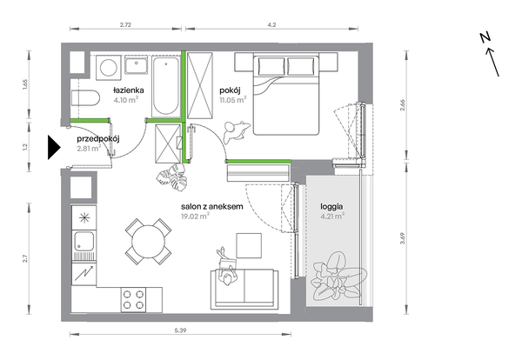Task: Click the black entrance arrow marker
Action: click(x=54, y=148)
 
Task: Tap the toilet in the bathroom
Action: click(x=85, y=97)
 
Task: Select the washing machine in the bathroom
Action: click(x=109, y=68)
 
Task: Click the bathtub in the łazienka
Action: click(x=166, y=86)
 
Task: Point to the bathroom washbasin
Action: click(x=137, y=64)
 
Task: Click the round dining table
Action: click(x=149, y=242)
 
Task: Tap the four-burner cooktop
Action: click(x=133, y=299)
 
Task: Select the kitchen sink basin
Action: click(x=84, y=241)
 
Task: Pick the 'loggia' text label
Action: click(x=331, y=207)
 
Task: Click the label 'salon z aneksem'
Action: click(x=212, y=207)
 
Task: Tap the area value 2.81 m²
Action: click(x=89, y=149)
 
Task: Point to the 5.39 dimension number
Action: click(x=180, y=330)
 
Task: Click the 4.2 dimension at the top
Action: click(x=271, y=24)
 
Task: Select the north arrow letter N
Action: click(x=485, y=37)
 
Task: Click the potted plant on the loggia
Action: click(x=338, y=277)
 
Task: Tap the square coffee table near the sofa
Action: click(x=249, y=245)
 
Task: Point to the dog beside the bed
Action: click(x=236, y=132)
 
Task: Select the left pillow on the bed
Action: click(x=271, y=67)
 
